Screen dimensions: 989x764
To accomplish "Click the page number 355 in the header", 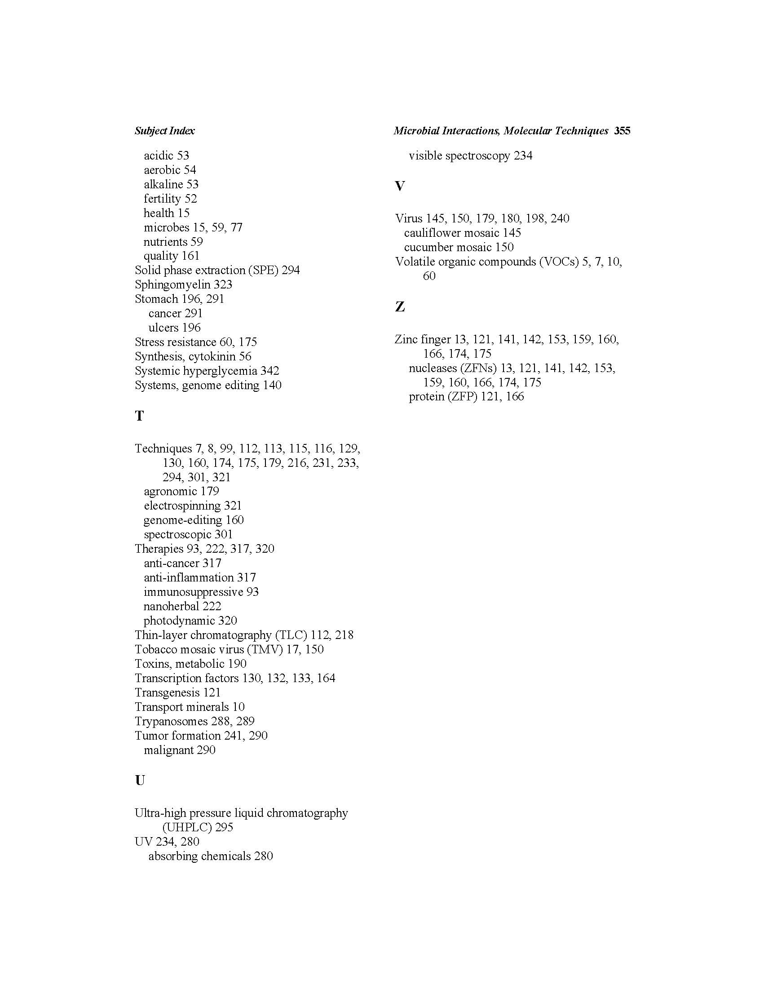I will tap(622, 131).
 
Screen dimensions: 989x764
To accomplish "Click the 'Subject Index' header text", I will tap(164, 131).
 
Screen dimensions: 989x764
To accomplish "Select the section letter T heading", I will tap(139, 416).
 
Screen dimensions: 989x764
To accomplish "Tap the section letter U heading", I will tap(140, 780).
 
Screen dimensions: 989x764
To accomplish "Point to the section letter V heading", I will tap(400, 186).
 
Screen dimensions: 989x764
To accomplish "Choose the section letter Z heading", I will tap(400, 307).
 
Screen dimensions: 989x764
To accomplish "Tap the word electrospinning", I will tap(182, 506).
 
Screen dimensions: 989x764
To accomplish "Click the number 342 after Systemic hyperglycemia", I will tap(270, 371).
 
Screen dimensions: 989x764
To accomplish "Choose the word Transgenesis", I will tap(167, 692).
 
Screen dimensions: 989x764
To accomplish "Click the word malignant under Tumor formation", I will tap(168, 750).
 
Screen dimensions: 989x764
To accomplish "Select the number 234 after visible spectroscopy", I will tap(523, 156).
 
